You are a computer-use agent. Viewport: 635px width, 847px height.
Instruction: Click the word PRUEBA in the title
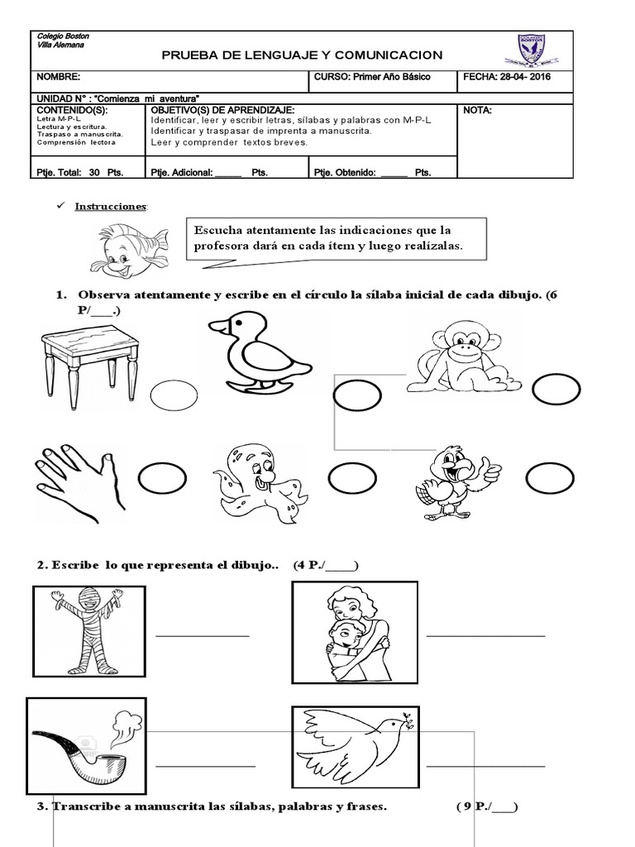197,55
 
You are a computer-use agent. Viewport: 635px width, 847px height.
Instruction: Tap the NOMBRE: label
57,77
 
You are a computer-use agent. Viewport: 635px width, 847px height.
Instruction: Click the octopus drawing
258,481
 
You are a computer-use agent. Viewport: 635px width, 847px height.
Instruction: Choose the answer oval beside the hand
162,479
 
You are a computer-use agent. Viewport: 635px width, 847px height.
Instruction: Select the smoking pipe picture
84,736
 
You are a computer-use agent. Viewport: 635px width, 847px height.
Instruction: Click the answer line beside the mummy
203,635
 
